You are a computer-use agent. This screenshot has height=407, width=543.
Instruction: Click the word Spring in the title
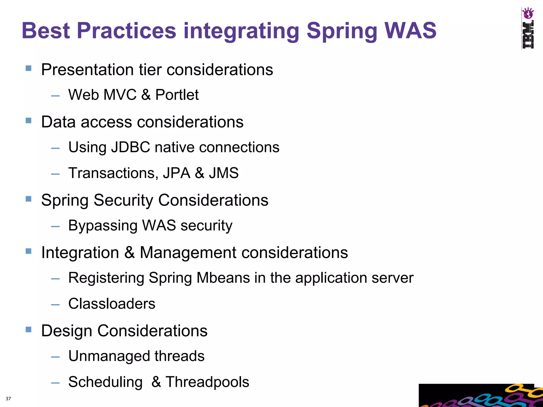tap(342, 31)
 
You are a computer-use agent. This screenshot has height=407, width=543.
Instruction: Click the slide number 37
tap(8, 399)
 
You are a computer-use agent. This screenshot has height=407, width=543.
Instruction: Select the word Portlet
tap(177, 95)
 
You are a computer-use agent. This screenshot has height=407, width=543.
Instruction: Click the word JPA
tap(177, 173)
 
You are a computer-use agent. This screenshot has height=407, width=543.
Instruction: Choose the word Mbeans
tap(223, 278)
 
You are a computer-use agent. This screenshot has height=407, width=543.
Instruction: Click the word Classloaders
tap(112, 304)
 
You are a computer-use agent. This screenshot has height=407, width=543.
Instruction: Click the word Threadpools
tap(207, 382)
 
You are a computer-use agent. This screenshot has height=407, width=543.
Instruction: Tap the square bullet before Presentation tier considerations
tap(29, 69)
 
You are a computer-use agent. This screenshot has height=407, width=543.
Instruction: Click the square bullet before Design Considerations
tap(29, 330)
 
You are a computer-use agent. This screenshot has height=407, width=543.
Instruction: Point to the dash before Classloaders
tap(55, 305)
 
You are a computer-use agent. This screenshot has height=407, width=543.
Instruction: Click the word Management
tap(188, 253)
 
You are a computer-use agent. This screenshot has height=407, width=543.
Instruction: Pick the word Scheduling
tap(105, 382)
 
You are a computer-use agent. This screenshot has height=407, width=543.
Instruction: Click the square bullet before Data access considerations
tap(29, 121)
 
